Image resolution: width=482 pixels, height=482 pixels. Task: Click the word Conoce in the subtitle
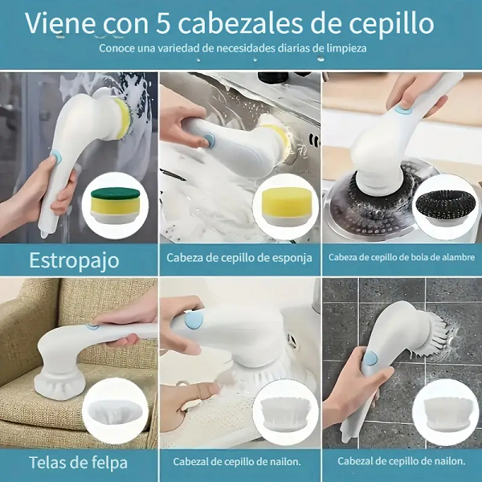[x=120, y=48]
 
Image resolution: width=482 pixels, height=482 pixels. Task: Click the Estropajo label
[x=74, y=260]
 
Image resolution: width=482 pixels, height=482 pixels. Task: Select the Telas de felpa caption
[x=74, y=462]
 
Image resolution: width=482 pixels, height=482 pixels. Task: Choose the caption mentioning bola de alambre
[x=401, y=258]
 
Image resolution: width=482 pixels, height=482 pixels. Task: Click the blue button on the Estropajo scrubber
[x=56, y=153]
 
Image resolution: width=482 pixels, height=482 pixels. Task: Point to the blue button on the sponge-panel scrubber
[x=210, y=140]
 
